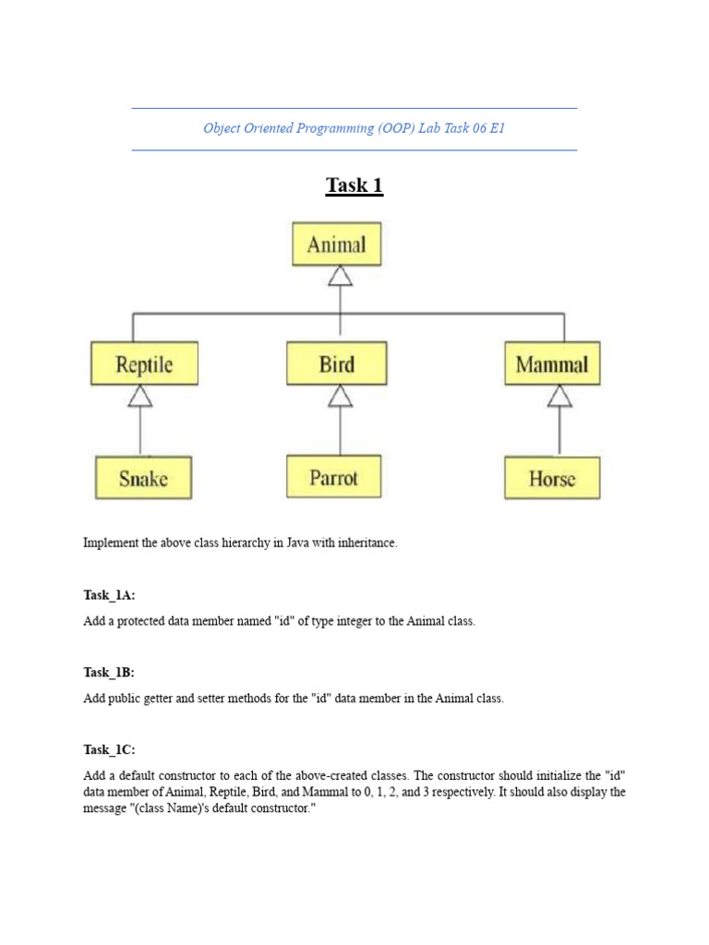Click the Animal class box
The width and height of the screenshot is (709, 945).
click(x=336, y=245)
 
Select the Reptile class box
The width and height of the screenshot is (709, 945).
click(x=144, y=364)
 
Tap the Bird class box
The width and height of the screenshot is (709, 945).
click(x=336, y=364)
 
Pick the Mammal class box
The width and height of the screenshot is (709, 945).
click(x=552, y=364)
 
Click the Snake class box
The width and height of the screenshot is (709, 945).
click(x=143, y=478)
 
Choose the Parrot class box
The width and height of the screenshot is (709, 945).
click(x=333, y=477)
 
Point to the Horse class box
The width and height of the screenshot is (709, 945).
click(x=552, y=478)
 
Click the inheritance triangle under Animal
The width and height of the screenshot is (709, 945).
click(x=341, y=276)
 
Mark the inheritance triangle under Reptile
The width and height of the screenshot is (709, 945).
click(x=140, y=396)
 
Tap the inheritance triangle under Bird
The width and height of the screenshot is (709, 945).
click(x=341, y=396)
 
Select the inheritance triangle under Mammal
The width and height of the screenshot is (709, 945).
click(x=559, y=396)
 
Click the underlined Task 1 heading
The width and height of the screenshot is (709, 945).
click(x=354, y=185)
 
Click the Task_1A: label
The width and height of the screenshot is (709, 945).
click(x=109, y=595)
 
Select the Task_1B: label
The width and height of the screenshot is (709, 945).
click(x=109, y=672)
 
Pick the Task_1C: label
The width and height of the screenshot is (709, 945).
click(x=109, y=749)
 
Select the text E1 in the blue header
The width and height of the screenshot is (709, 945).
click(x=497, y=128)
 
